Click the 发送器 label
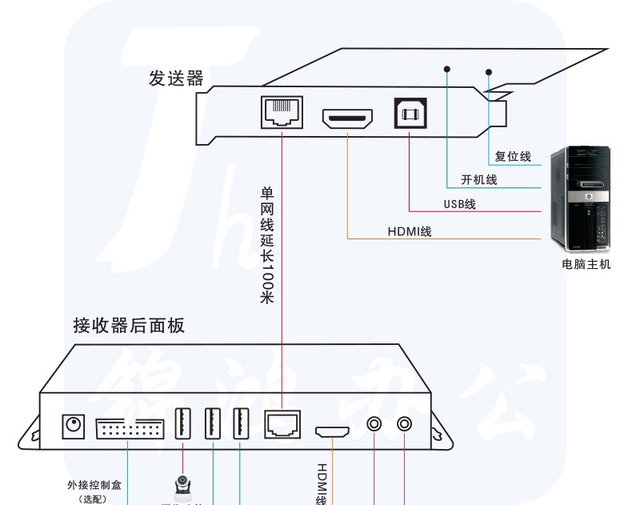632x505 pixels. (176, 78)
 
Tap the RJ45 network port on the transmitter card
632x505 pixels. (283, 112)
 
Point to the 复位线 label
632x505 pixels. (513, 157)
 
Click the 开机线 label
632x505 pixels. (479, 180)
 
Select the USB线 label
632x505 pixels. (460, 204)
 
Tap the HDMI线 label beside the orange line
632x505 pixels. (410, 231)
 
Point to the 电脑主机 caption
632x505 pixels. (586, 264)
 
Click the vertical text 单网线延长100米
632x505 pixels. (267, 245)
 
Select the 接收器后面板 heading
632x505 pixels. (129, 325)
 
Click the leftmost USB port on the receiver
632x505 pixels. (183, 423)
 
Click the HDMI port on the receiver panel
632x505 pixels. (331, 432)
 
